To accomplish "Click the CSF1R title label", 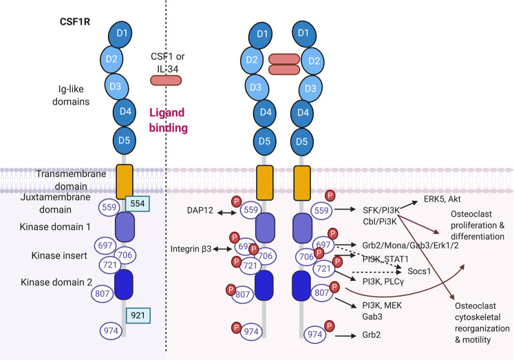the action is click(x=75, y=21).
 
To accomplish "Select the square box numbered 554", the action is click(x=138, y=204).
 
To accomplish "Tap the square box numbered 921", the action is click(x=138, y=315).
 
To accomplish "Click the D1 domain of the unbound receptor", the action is click(x=120, y=34).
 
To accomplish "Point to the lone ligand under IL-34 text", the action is click(x=166, y=81).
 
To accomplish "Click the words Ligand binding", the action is click(x=168, y=120).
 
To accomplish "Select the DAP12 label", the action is click(x=200, y=210).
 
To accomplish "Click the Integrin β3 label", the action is click(x=191, y=249).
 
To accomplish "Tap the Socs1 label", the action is click(x=419, y=271).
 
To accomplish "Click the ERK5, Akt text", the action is click(x=442, y=199).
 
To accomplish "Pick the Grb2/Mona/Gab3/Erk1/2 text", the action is click(x=410, y=245).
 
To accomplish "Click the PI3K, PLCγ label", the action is click(x=383, y=282).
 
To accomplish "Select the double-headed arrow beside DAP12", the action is click(x=227, y=213).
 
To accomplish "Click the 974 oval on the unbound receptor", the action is click(x=111, y=330).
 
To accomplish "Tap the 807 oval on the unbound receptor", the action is click(x=103, y=293).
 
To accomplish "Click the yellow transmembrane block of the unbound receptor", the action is click(x=125, y=182).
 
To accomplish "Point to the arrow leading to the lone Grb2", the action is click(x=345, y=336).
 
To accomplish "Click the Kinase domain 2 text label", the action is click(x=56, y=282).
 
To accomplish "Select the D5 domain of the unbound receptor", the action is click(x=125, y=140).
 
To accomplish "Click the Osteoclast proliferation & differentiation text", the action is click(x=478, y=225).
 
